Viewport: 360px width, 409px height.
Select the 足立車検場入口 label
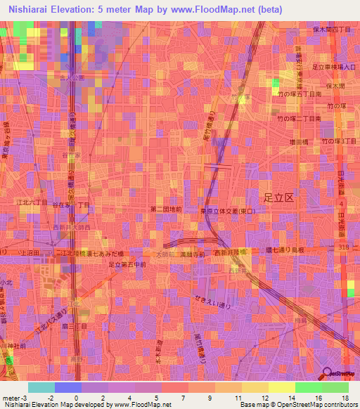coord(335,67)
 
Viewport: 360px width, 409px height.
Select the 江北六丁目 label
coord(34,202)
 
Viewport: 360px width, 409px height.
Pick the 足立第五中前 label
coord(127,264)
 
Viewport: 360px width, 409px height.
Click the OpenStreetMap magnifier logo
coord(327,375)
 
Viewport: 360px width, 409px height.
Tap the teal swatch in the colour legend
coord(41,387)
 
